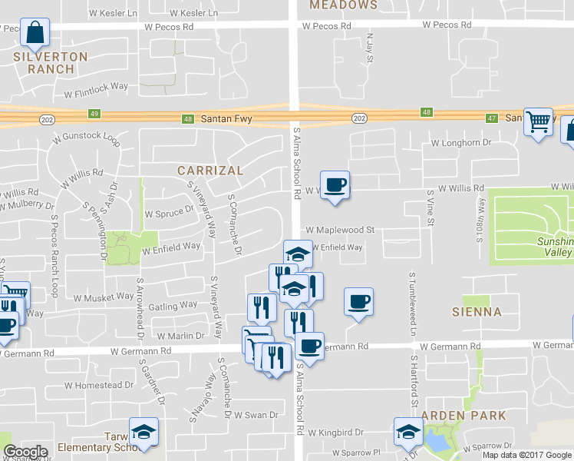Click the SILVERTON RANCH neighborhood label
tap(51, 62)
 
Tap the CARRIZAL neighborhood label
tap(209, 170)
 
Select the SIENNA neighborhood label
tap(477, 312)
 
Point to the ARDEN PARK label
tap(473, 416)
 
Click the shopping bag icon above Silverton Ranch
tap(35, 33)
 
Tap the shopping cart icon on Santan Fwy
tap(539, 121)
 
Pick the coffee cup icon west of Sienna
tap(358, 301)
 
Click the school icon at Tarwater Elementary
tap(143, 432)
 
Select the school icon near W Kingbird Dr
tap(407, 432)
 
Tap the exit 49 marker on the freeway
tap(94, 114)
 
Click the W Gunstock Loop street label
tap(87, 140)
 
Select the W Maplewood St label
tap(340, 230)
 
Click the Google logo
tap(25, 452)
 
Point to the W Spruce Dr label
tap(170, 212)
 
